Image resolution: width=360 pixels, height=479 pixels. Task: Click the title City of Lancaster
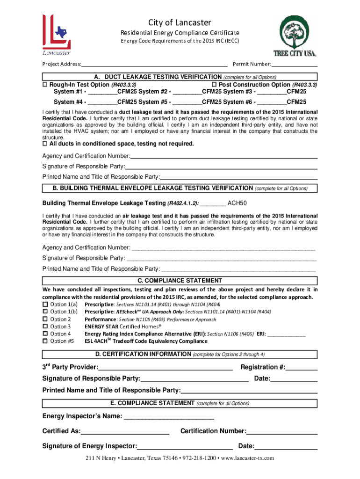tap(180, 22)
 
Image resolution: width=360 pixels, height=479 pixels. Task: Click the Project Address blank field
tap(154, 64)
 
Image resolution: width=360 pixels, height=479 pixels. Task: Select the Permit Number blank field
tap(294, 64)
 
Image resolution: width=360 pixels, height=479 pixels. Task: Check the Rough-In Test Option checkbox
tap(45, 85)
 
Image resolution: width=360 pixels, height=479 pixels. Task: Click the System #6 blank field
tap(272, 102)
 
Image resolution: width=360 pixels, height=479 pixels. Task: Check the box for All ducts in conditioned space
tap(45, 144)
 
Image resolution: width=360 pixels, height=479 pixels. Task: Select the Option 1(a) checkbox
tap(45, 305)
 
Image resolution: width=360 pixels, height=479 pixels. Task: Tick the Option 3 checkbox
tap(45, 327)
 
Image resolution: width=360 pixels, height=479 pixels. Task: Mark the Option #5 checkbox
tap(45, 341)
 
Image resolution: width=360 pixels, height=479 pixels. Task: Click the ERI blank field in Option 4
tap(286, 334)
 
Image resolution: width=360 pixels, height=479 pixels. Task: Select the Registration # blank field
tap(302, 367)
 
